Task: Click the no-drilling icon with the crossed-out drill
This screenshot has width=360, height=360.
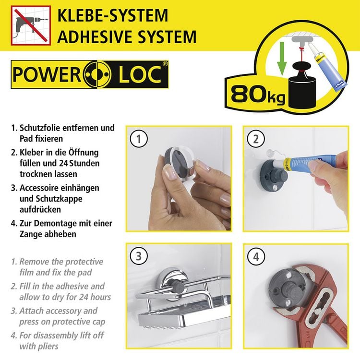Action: point(31,25)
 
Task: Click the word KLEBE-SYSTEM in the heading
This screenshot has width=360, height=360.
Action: point(113,15)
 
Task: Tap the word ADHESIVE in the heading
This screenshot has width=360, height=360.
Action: point(96,37)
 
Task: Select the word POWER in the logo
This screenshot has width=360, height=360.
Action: point(47,74)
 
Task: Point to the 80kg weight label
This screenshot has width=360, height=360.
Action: point(258,94)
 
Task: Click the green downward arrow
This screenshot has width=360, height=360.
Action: point(282,58)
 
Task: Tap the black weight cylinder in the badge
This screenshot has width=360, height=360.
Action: point(302,92)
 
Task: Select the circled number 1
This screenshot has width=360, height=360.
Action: point(138,139)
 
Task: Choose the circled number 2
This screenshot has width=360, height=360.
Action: point(256,139)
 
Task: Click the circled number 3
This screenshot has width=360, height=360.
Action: point(138,256)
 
